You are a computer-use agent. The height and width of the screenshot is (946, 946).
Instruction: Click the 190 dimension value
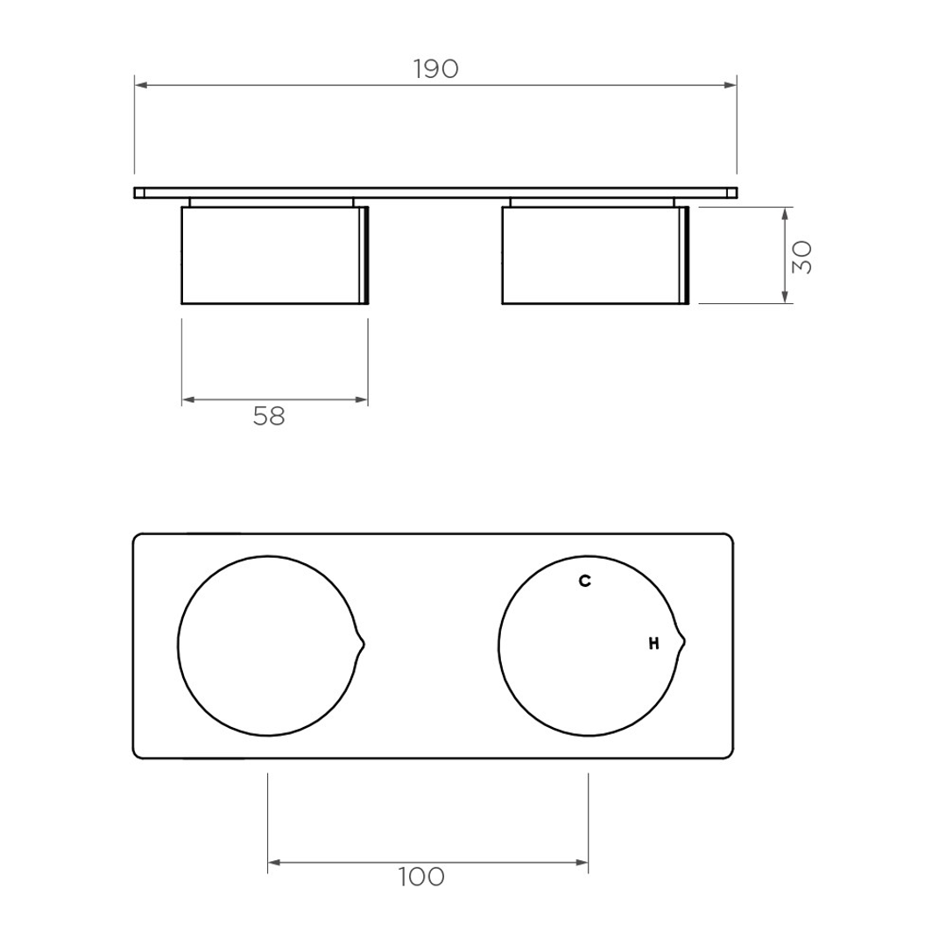click(435, 69)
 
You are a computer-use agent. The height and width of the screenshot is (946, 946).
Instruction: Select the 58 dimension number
click(269, 416)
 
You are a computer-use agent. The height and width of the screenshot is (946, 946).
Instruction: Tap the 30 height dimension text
click(802, 256)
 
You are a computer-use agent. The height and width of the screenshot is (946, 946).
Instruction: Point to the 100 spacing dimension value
click(421, 876)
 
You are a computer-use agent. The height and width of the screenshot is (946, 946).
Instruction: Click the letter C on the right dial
click(584, 581)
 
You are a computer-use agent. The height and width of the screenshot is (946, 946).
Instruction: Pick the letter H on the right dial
click(653, 645)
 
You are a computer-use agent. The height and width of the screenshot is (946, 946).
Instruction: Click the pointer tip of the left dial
click(364, 645)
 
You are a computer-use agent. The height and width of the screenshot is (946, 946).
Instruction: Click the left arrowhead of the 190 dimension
click(140, 85)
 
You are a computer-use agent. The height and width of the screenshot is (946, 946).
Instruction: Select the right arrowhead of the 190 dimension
click(731, 85)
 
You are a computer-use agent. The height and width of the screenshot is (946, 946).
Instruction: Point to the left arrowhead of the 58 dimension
click(187, 400)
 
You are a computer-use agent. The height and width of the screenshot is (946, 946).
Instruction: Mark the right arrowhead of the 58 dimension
click(362, 400)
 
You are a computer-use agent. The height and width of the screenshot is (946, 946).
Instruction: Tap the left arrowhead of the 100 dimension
click(273, 863)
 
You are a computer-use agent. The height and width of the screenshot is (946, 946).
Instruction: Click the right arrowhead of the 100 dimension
click(582, 863)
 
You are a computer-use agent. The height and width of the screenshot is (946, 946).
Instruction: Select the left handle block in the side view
click(272, 256)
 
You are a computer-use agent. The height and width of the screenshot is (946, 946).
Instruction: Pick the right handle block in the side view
click(592, 256)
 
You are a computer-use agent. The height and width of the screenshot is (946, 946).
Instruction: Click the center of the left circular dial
click(267, 645)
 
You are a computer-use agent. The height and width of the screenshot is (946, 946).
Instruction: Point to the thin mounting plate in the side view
click(435, 192)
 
